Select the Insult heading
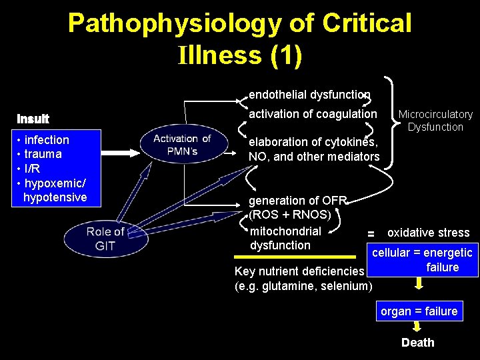[33, 119]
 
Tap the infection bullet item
[46, 140]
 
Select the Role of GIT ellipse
[105, 238]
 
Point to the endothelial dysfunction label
[309, 95]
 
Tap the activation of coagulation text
[312, 114]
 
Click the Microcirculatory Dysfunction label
[435, 121]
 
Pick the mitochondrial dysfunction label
[285, 238]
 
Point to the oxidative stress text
[428, 233]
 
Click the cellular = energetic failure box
[422, 260]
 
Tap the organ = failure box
[418, 311]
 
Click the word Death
[417, 343]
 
